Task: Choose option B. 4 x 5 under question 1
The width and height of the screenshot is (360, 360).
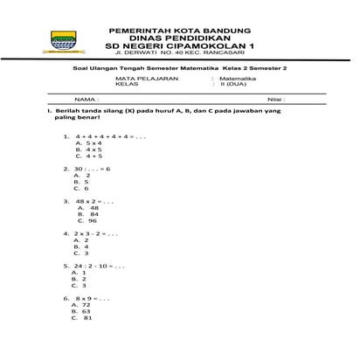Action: [x=89, y=149]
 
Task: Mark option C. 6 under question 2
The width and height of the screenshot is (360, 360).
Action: [x=81, y=188]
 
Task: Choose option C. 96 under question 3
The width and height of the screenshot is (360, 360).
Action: [x=87, y=221]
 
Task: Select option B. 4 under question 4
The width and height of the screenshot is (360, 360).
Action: [x=81, y=246]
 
